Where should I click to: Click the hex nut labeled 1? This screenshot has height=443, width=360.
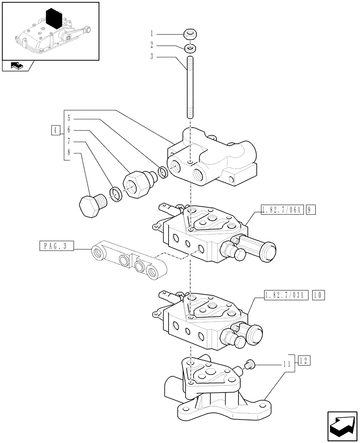coord(190,34)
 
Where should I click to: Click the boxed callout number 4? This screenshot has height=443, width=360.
coord(55,130)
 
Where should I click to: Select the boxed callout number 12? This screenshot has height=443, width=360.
coord(304,359)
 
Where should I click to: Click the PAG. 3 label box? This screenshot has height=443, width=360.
coord(56,246)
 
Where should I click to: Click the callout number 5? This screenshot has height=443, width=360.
coord(70,118)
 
